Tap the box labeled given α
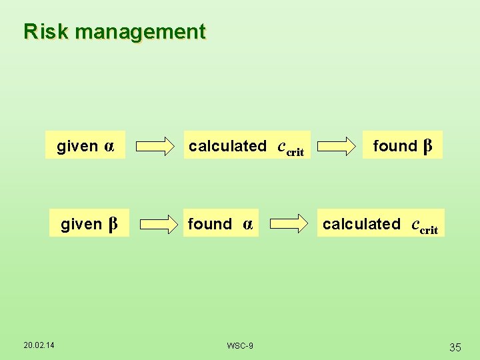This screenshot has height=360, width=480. point(85,146)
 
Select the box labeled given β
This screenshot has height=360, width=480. point(89,224)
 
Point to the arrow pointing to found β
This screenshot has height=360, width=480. point(337,146)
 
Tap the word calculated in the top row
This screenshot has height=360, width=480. point(227,146)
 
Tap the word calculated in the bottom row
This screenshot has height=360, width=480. point(361,224)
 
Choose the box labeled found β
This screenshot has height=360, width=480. point(402,146)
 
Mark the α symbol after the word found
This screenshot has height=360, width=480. point(247,225)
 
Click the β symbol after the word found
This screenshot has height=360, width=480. point(428,145)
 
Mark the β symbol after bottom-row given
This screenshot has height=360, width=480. point(113,224)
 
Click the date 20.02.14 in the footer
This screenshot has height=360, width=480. point(39,344)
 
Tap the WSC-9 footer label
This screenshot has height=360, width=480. point(240,345)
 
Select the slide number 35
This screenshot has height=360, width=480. point(455,347)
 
